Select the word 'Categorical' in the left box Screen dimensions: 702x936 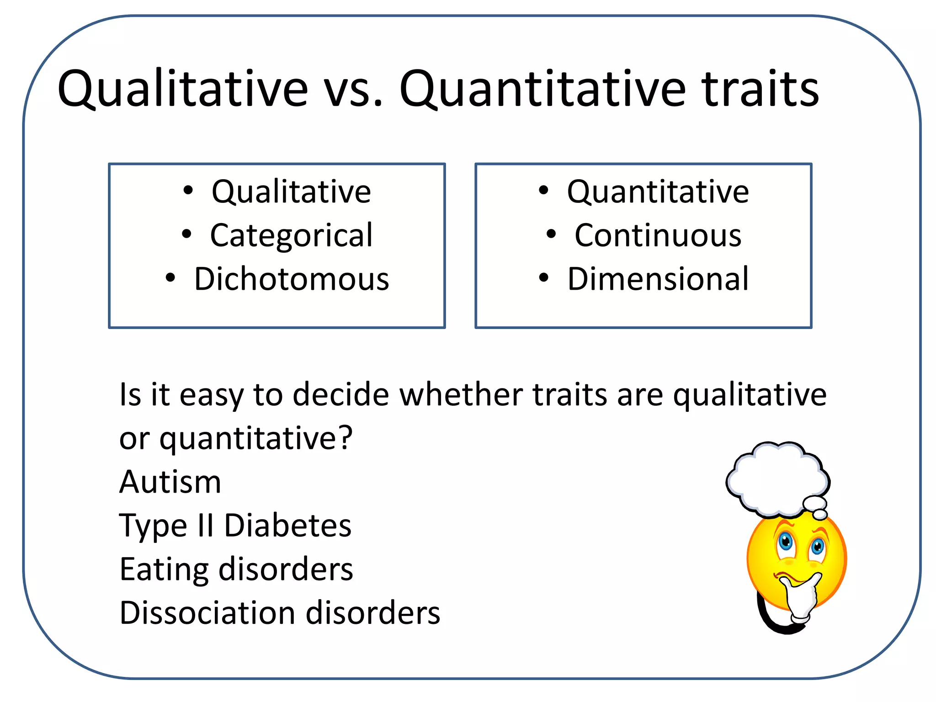(x=291, y=236)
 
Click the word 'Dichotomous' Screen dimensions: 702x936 (x=292, y=279)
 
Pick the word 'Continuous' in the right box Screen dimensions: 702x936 (x=658, y=236)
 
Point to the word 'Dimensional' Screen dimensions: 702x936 (x=658, y=279)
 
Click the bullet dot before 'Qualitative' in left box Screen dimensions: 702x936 (x=188, y=191)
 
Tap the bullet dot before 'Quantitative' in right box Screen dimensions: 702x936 (x=543, y=191)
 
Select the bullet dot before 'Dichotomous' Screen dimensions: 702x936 (x=170, y=277)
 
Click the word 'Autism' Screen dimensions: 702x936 (x=170, y=482)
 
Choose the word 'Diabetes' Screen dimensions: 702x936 (x=287, y=526)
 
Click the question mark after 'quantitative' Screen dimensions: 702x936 (x=346, y=437)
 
